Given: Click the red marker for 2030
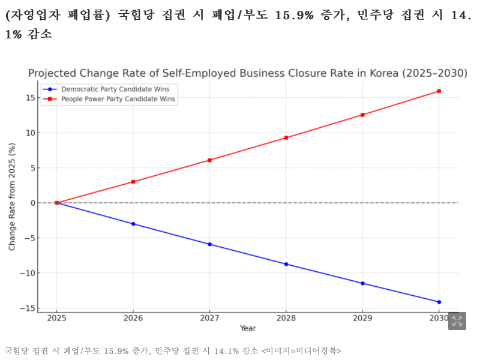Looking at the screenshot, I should pos(439,91).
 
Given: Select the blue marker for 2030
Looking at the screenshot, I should pos(439,302).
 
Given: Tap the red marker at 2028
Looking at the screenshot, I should pos(286,138).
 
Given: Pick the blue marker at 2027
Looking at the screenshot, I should pos(209,244).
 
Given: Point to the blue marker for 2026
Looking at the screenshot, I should pos(133,224).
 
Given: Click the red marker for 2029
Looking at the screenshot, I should pos(362,115).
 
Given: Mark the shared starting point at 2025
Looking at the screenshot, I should pos(57,203).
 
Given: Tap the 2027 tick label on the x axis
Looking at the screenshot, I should pos(209,318).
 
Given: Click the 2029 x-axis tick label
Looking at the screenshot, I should pos(362,318).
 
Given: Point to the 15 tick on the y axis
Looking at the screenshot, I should pos(29,97).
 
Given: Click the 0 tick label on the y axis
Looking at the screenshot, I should pos(31,203).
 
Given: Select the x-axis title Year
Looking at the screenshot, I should pos(248,328).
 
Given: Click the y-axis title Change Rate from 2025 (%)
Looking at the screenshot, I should pos(12,197).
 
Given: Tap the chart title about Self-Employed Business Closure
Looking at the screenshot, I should pos(247,73).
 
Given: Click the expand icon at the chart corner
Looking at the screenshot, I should pos(457,320).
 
